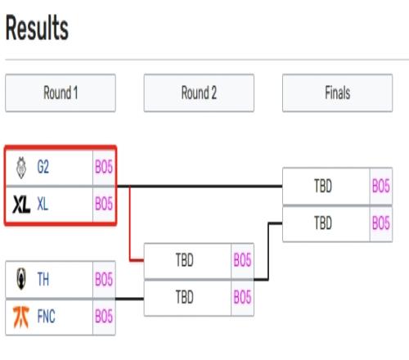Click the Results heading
[x=37, y=28]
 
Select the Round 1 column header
[x=61, y=92]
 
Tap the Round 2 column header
[x=199, y=92]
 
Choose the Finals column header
[x=338, y=92]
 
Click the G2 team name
[x=43, y=167]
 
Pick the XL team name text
[x=43, y=204]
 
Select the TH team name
[x=43, y=279]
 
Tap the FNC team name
[x=46, y=317]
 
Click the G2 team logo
[x=21, y=168]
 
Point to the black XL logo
[x=21, y=205]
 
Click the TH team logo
[x=21, y=279]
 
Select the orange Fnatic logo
[x=21, y=317]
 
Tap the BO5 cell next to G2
[x=104, y=167]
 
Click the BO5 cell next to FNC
[x=104, y=317]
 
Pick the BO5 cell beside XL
[x=104, y=204]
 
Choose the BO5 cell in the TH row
[x=104, y=279]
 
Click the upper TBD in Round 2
[x=185, y=260]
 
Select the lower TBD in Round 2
[x=185, y=297]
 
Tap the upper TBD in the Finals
[x=323, y=186]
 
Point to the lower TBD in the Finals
[x=323, y=223]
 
